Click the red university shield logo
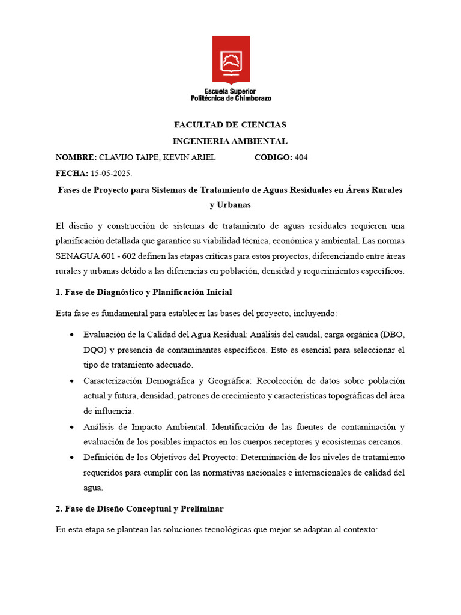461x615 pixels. pyautogui.click(x=230, y=60)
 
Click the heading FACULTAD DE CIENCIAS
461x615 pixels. pyautogui.click(x=230, y=125)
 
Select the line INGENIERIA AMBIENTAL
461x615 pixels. pyautogui.click(x=230, y=141)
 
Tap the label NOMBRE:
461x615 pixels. pyautogui.click(x=76, y=157)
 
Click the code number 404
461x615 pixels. pyautogui.click(x=301, y=157)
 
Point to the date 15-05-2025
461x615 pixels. pyautogui.click(x=111, y=174)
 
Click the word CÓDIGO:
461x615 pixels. pyautogui.click(x=273, y=157)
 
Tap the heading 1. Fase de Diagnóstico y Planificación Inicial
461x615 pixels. pyautogui.click(x=143, y=292)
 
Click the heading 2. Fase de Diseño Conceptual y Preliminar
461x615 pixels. pyautogui.click(x=139, y=509)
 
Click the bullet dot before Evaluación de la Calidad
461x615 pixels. pyautogui.click(x=72, y=334)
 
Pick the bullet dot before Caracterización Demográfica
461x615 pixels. pyautogui.click(x=72, y=381)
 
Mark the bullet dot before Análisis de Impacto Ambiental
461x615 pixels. pyautogui.click(x=72, y=428)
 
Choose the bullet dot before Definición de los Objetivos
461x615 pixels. pyautogui.click(x=72, y=458)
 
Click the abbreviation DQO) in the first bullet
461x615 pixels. pyautogui.click(x=95, y=350)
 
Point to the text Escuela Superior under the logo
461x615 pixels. pyautogui.click(x=230, y=91)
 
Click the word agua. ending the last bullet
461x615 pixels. pyautogui.click(x=94, y=488)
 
